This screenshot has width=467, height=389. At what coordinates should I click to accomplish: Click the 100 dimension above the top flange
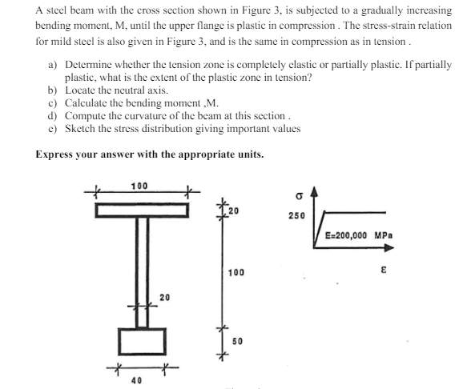pos(140,186)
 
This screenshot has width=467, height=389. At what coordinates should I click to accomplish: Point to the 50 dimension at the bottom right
pos(238,341)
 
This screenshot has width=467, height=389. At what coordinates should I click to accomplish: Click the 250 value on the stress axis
pos(296,216)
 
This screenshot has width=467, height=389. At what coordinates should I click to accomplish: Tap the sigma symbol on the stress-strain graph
pos(296,194)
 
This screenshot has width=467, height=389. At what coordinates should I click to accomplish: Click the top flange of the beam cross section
pos(142,211)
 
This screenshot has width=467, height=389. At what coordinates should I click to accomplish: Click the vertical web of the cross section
pos(142,272)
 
